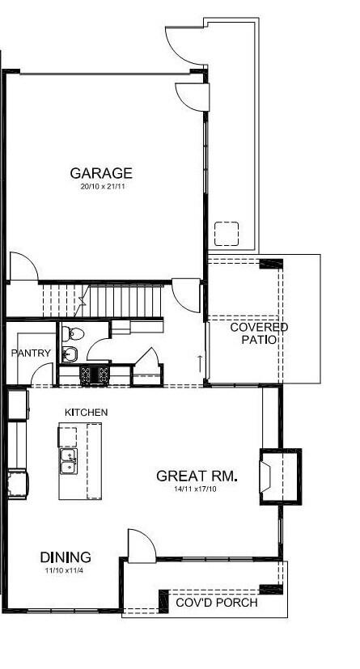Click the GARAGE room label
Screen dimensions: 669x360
point(101,173)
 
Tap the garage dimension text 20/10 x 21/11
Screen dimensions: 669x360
point(101,188)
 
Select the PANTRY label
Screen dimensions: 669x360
point(32,354)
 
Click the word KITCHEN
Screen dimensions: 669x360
point(87,413)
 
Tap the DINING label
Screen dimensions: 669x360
point(66,557)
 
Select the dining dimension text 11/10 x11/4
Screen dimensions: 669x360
point(66,571)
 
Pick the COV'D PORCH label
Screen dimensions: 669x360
point(218,603)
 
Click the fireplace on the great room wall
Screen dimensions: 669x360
point(279,476)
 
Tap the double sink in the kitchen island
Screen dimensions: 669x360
point(69,462)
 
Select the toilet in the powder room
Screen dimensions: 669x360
point(72,332)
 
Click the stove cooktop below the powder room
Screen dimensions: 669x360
point(95,374)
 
